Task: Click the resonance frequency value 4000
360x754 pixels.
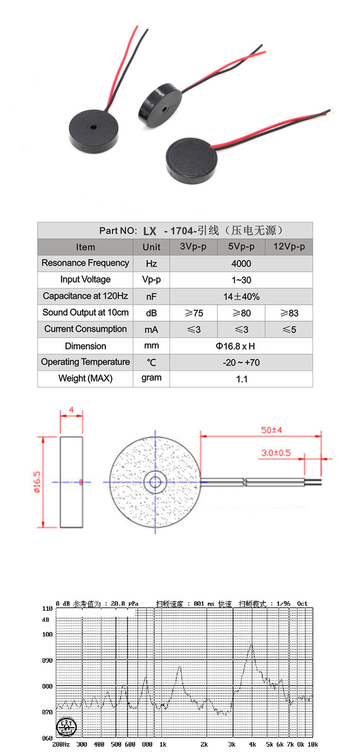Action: coord(241,263)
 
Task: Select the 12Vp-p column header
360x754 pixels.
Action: coord(289,246)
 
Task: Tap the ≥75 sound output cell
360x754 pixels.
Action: coord(194,313)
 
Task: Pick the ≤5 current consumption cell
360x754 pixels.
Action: coord(289,329)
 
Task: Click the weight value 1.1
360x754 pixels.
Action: coord(242,379)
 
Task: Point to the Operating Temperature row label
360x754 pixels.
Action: coord(85,362)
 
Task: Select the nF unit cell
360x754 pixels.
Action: coord(151,297)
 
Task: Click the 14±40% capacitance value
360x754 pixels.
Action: coord(241,297)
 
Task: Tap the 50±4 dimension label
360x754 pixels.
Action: coord(271,430)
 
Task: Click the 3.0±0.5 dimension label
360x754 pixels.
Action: coord(276,453)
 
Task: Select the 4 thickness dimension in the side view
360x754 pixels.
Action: coord(71,410)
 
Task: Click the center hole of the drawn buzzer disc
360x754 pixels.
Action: coord(155,482)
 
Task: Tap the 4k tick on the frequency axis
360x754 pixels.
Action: coord(252,744)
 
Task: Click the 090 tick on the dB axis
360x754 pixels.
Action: coord(47,660)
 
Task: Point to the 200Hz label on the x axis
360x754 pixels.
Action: coord(61,744)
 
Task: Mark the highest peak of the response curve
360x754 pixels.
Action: coord(251,645)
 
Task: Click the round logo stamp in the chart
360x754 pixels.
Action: coord(66,727)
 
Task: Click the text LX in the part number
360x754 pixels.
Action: coord(149,231)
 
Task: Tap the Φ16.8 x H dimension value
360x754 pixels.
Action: coord(235,346)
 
